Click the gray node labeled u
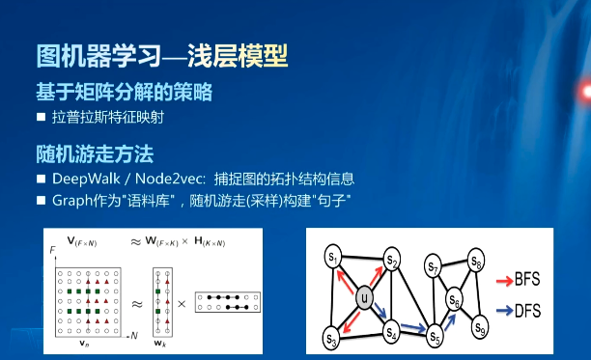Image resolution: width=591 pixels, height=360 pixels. [x=363, y=298]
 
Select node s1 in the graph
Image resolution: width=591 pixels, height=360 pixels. [x=333, y=258]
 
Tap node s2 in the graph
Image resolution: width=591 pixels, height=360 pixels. [x=391, y=261]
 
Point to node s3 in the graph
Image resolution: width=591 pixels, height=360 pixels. [x=332, y=339]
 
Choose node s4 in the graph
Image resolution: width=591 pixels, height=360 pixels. [x=391, y=334]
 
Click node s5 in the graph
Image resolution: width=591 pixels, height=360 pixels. [x=435, y=338]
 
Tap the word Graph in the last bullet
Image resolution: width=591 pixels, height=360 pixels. [x=72, y=201]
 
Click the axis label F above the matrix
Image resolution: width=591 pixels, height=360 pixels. [x=52, y=250]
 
